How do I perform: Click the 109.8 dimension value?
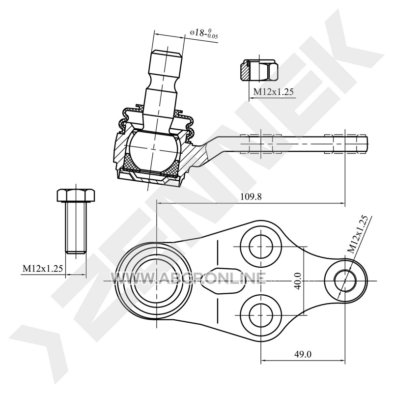tap(251, 197)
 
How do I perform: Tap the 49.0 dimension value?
tap(303, 354)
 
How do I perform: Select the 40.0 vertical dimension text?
tap(298, 281)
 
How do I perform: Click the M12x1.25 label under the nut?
tap(273, 92)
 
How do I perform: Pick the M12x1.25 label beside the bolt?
tap(43, 269)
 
